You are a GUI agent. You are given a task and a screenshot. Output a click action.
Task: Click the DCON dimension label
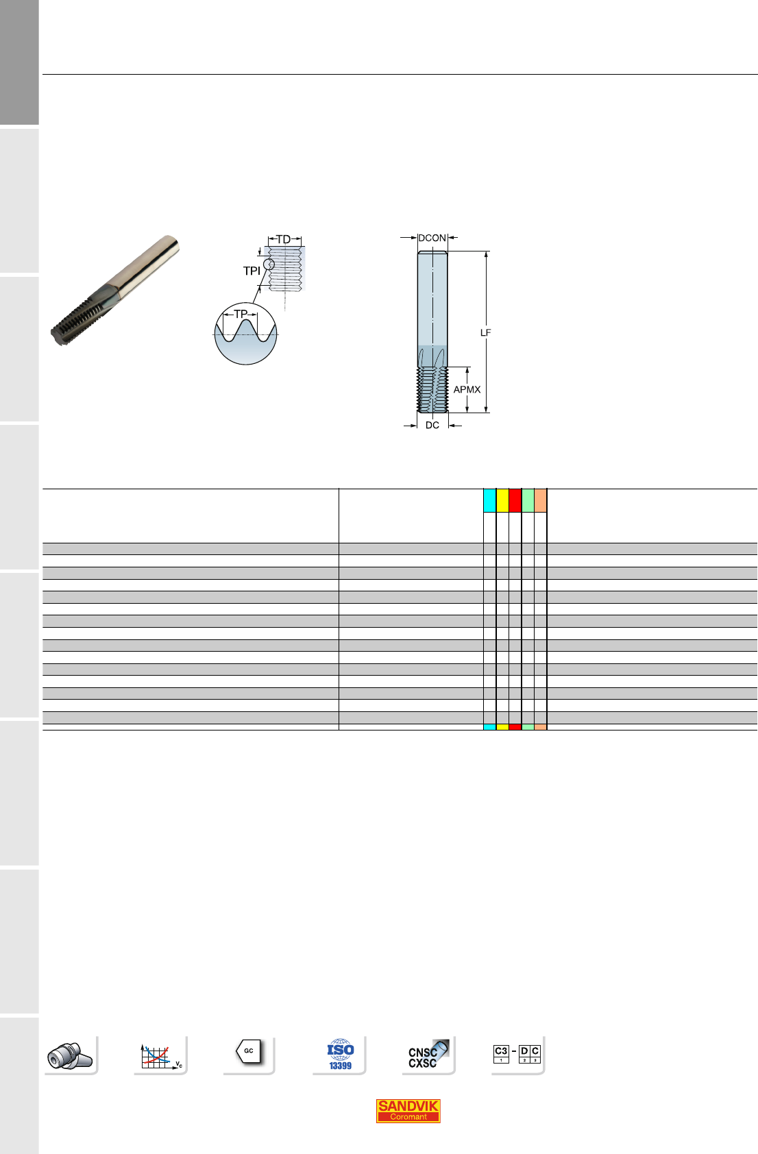point(432,238)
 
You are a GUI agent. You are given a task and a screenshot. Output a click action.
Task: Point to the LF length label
point(485,333)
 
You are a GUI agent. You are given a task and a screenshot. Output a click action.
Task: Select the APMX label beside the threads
point(467,389)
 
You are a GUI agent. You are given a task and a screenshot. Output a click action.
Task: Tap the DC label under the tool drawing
point(432,425)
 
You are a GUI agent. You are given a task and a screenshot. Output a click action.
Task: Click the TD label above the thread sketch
point(284,239)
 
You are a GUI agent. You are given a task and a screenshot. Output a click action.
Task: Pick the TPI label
point(252,271)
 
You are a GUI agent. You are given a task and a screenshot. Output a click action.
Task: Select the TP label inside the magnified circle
point(240,314)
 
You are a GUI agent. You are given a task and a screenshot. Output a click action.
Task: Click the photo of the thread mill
point(115,290)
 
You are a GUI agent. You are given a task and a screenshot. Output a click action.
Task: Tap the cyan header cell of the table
point(489,500)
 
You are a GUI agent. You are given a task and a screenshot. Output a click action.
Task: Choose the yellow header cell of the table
point(502,500)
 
